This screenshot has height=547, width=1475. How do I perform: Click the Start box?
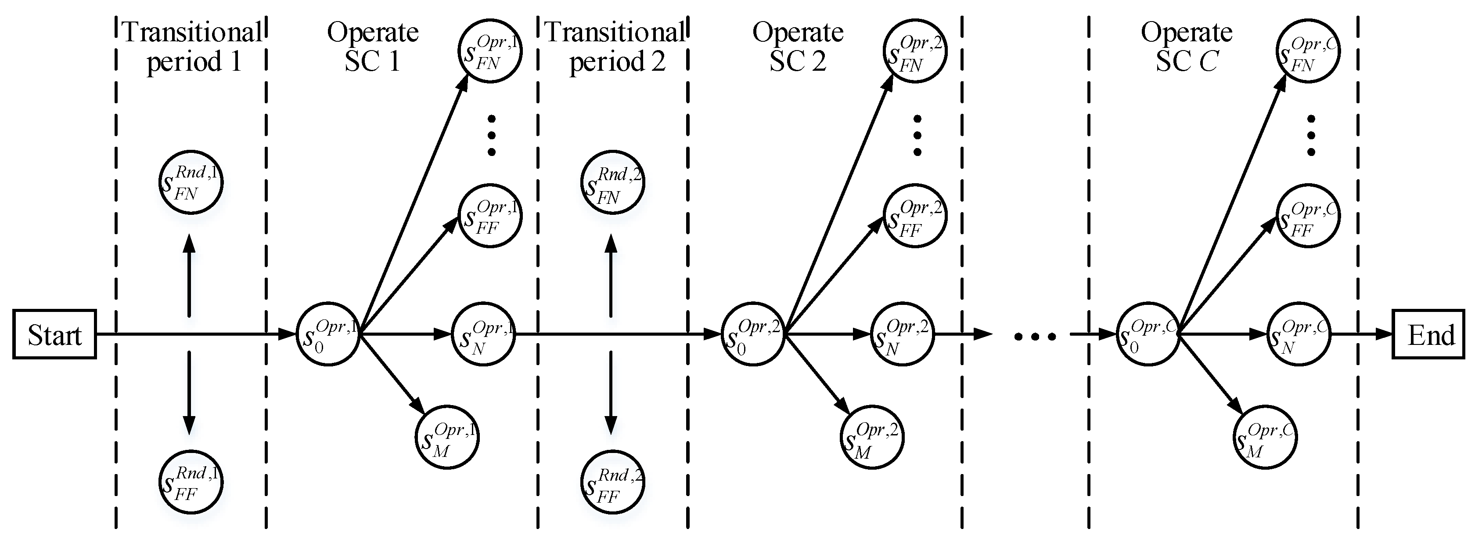pyautogui.click(x=54, y=334)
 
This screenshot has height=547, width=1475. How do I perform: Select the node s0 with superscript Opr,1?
pyautogui.click(x=328, y=334)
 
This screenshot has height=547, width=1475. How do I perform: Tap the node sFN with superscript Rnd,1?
pyautogui.click(x=191, y=182)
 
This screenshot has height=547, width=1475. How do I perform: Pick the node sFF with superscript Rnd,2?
pyautogui.click(x=613, y=482)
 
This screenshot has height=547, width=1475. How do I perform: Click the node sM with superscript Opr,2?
pyautogui.click(x=872, y=437)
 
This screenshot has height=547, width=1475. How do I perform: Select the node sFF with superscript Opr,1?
pyautogui.click(x=490, y=215)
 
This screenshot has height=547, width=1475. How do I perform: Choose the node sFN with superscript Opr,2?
pyautogui.click(x=914, y=51)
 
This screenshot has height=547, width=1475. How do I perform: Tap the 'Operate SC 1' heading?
pyautogui.click(x=373, y=47)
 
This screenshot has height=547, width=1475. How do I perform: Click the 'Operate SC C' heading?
pyautogui.click(x=1187, y=47)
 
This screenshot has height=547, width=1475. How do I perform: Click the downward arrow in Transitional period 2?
pyautogui.click(x=611, y=392)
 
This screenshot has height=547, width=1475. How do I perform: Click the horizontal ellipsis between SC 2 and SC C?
pyautogui.click(x=1035, y=336)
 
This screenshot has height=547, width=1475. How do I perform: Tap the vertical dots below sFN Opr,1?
pyautogui.click(x=491, y=136)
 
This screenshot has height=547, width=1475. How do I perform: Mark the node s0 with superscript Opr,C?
pyautogui.click(x=1148, y=334)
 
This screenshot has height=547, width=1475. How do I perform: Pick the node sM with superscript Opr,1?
pyautogui.click(x=446, y=437)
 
